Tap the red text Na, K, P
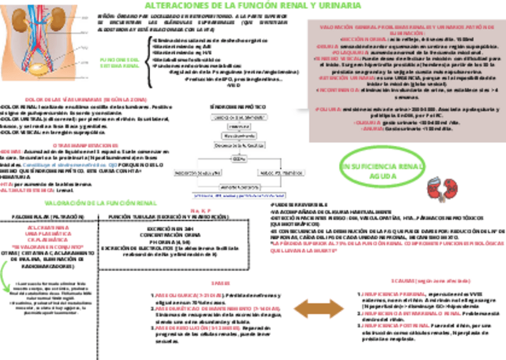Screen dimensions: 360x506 point(198,211)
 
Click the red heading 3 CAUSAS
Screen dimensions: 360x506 point(417,280)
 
